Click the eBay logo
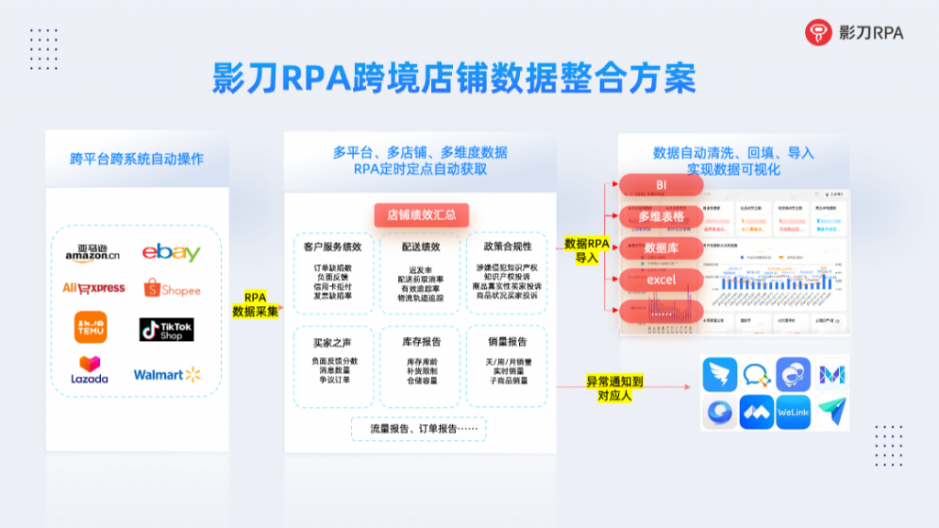171,252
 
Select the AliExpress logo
93,288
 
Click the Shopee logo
171,289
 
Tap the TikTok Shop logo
166,329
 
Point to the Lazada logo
90,369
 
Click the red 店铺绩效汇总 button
422,215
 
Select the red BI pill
661,185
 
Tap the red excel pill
661,279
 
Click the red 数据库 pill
661,247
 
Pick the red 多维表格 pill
661,216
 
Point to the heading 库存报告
423,341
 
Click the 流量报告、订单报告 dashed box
419,428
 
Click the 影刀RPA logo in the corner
854,33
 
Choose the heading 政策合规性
506,247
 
